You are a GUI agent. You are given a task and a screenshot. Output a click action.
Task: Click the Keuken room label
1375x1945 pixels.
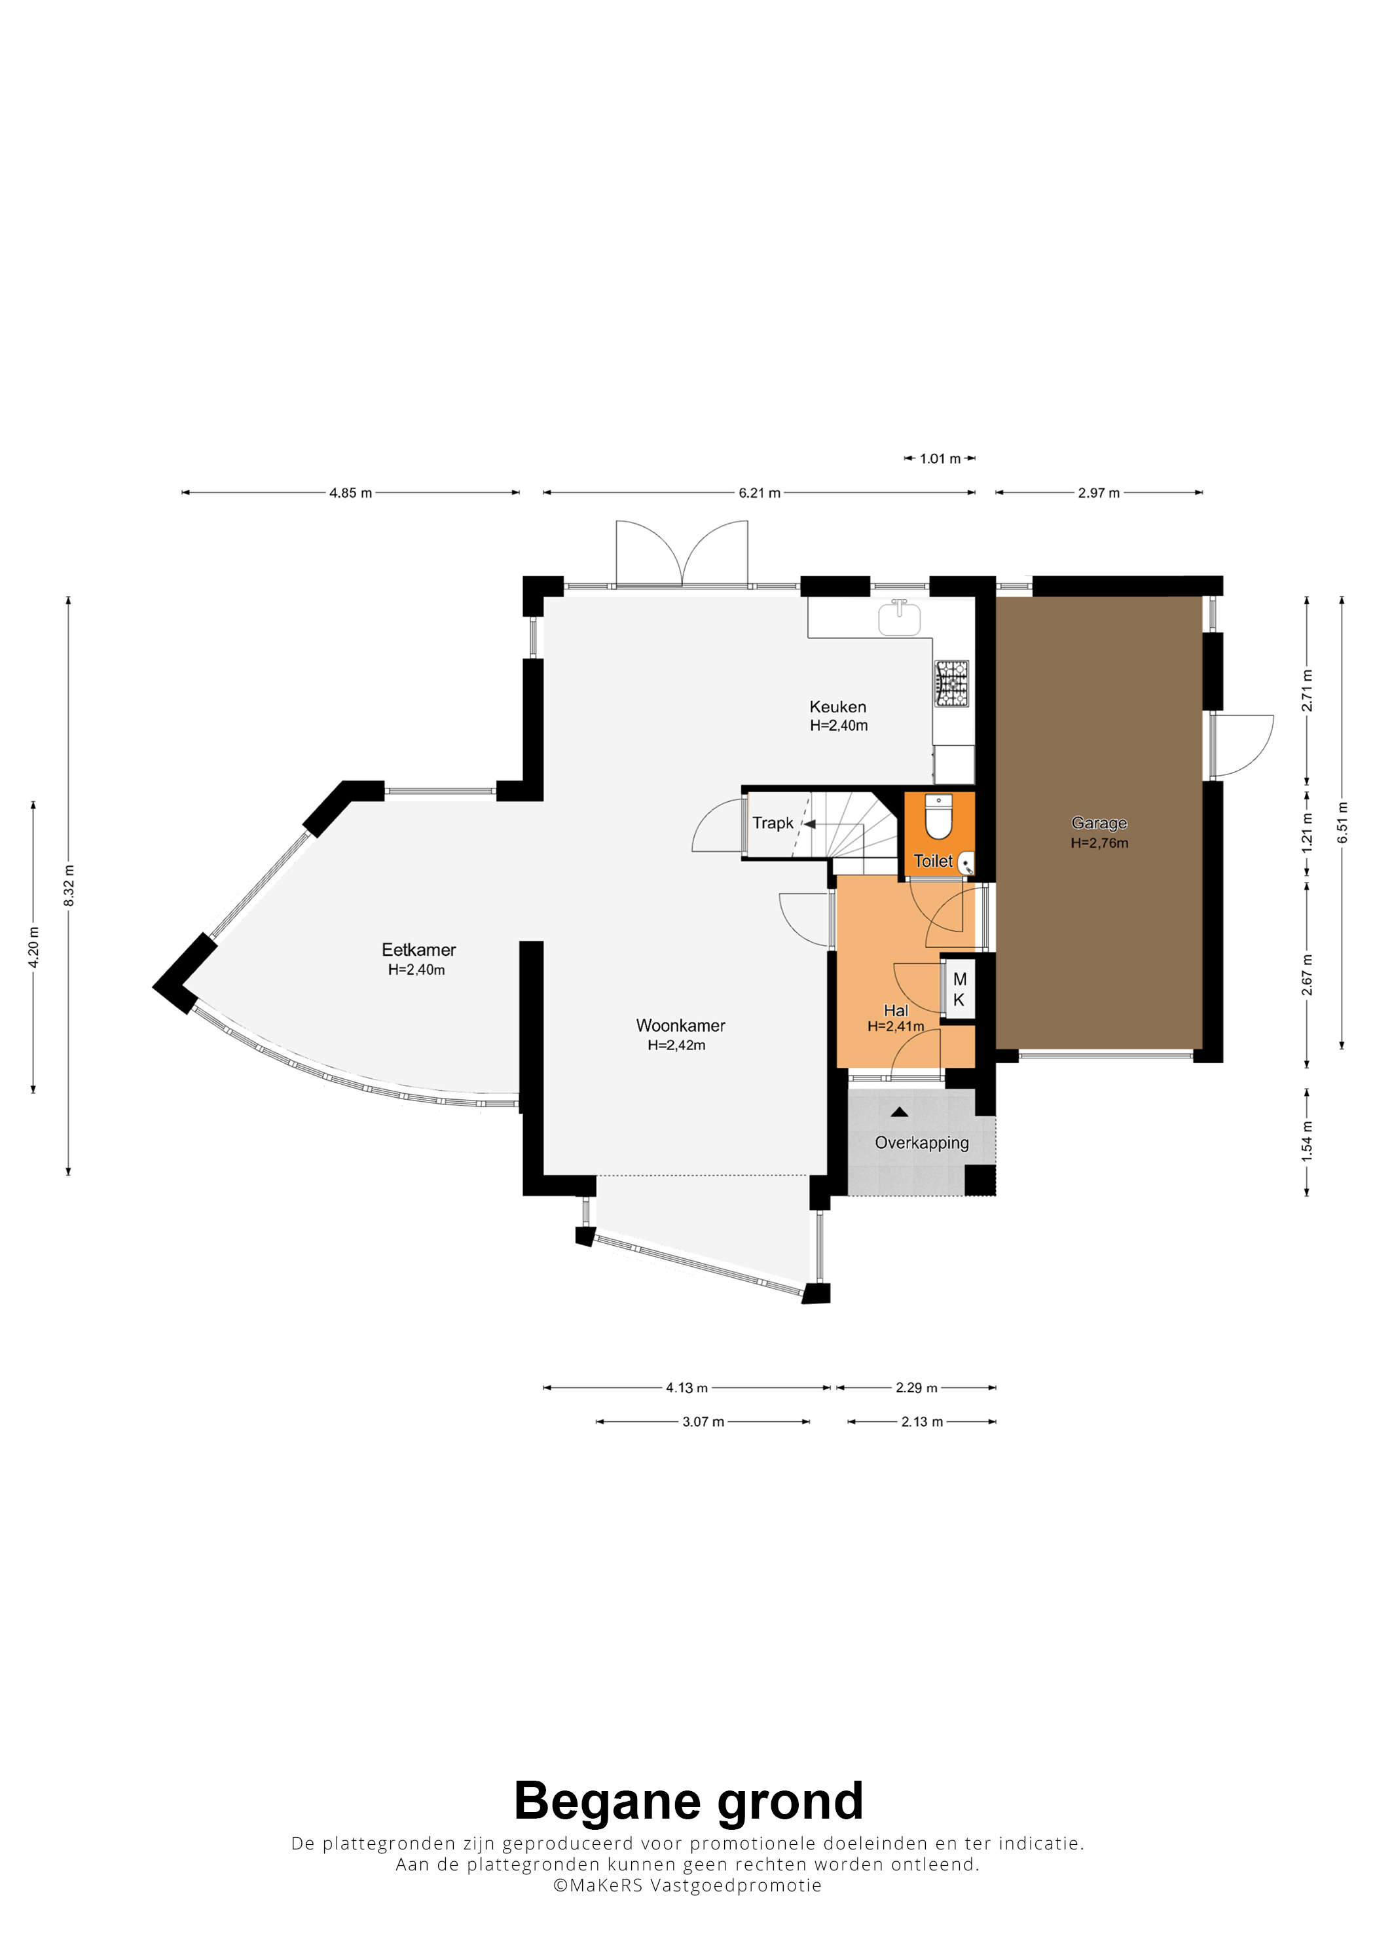(x=838, y=706)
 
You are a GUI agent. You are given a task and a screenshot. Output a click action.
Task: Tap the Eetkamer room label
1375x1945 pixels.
(x=418, y=950)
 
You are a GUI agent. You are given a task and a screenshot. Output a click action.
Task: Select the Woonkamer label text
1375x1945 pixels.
(x=680, y=1025)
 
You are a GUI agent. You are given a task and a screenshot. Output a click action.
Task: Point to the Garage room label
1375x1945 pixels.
(x=1099, y=822)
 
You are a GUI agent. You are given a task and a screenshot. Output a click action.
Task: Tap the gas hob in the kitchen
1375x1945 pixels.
(x=951, y=683)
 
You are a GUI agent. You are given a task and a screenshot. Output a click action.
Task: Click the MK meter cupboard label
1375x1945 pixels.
(x=959, y=989)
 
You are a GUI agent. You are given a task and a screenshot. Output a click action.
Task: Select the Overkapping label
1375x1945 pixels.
(x=922, y=1143)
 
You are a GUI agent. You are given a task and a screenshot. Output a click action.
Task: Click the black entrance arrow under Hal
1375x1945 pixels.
(x=900, y=1112)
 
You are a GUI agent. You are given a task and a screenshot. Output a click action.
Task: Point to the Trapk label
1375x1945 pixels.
(x=773, y=822)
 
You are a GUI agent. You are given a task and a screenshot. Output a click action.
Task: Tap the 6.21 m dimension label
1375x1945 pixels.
(x=759, y=493)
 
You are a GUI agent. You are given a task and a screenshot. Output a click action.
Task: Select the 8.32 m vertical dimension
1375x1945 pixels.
(x=69, y=885)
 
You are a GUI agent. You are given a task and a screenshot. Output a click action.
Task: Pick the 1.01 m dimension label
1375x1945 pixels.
(x=940, y=459)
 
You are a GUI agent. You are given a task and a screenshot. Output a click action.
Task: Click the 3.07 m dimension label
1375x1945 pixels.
(x=703, y=1421)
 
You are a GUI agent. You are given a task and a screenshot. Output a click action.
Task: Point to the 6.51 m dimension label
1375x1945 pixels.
(x=1342, y=822)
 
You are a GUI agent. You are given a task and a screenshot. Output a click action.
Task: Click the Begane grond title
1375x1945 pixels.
(x=688, y=1801)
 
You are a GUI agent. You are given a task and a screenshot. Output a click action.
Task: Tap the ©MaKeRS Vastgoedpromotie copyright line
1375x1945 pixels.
(x=687, y=1885)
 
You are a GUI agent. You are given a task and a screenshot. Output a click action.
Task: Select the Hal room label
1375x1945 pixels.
(x=896, y=1009)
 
